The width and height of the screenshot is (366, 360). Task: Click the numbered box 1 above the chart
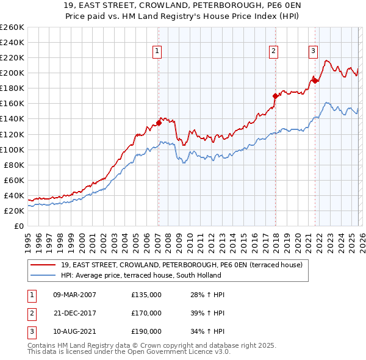(x=157, y=51)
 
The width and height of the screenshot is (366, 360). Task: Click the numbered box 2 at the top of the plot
(x=273, y=51)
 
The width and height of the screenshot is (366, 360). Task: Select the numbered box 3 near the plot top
(x=313, y=51)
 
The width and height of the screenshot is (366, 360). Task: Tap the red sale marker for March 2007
(x=159, y=123)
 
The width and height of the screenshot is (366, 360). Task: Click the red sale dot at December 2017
(x=275, y=96)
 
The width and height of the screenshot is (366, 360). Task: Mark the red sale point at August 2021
(x=315, y=80)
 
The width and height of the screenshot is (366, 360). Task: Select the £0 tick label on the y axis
(x=19, y=226)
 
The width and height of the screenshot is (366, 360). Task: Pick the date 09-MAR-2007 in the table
(x=75, y=295)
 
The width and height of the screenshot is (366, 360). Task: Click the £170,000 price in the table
(x=146, y=313)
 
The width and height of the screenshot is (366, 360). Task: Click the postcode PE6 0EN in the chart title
(x=252, y=5)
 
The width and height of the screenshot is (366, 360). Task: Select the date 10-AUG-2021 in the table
(x=75, y=331)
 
